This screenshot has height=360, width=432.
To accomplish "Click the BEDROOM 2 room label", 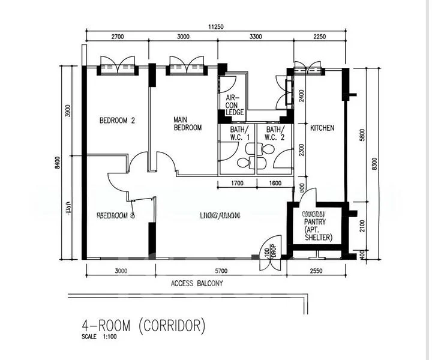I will [117, 121].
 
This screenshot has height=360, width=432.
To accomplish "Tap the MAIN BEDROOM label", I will [187, 124].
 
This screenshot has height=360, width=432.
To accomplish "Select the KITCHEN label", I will [322, 128].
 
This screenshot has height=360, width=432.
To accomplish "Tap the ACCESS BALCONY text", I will [197, 284].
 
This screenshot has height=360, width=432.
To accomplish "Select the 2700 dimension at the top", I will [118, 37].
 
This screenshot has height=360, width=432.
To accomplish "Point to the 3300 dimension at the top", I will [256, 37].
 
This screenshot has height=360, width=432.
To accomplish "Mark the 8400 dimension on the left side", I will [57, 163].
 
